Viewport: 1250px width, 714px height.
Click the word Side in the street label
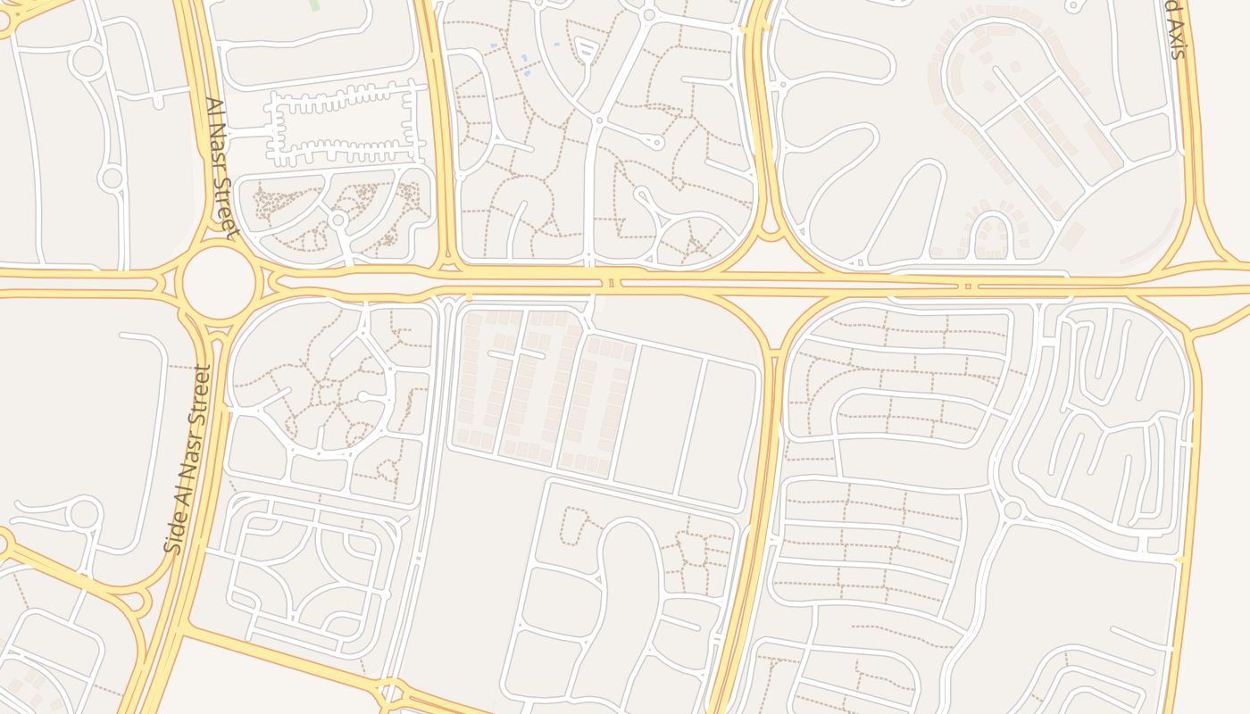point(175,534)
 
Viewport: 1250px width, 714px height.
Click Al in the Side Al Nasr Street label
point(180,500)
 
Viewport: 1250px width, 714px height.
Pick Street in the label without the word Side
point(226,207)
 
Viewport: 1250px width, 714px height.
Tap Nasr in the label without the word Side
point(218,148)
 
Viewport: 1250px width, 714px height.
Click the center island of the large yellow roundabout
point(220,281)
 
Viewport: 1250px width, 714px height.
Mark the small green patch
point(314,5)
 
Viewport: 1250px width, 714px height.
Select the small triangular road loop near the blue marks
point(585,51)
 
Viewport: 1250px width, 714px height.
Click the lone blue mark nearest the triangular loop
point(557,44)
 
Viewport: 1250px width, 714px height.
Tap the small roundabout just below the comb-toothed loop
point(337,220)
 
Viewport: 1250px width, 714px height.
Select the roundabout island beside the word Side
point(85,514)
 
